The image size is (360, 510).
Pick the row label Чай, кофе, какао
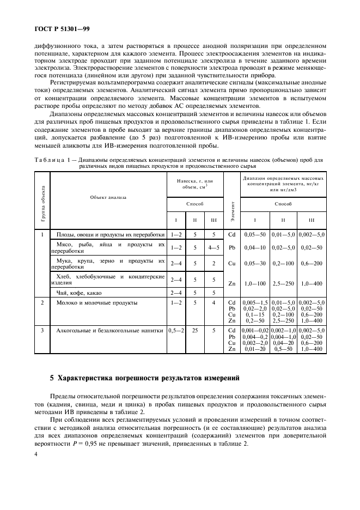(x=80, y=292)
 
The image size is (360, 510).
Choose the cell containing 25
(x=194, y=330)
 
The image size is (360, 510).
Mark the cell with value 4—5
(x=213, y=248)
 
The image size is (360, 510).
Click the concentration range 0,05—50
(x=254, y=234)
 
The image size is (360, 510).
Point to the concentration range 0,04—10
(x=254, y=248)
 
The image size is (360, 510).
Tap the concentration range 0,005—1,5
(x=254, y=302)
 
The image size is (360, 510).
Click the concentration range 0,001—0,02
(x=254, y=330)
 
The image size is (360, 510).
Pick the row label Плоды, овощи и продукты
(x=109, y=234)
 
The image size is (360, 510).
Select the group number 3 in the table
(x=42, y=330)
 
